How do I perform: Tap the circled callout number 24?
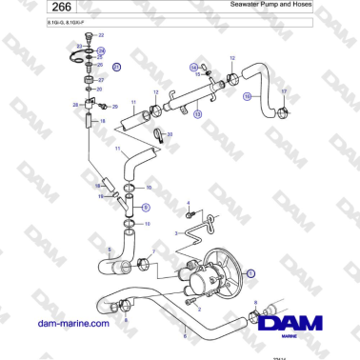[x=101, y=50]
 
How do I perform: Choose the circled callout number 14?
[x=192, y=67]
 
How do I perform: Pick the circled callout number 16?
[x=246, y=96]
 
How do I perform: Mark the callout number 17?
[x=283, y=91]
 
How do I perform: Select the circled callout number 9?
[x=146, y=205]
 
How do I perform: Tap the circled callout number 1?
[x=251, y=272]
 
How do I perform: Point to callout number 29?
[x=114, y=108]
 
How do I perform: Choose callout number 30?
[x=170, y=135]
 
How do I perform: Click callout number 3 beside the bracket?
[x=176, y=231]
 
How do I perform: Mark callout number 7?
[x=153, y=253]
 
